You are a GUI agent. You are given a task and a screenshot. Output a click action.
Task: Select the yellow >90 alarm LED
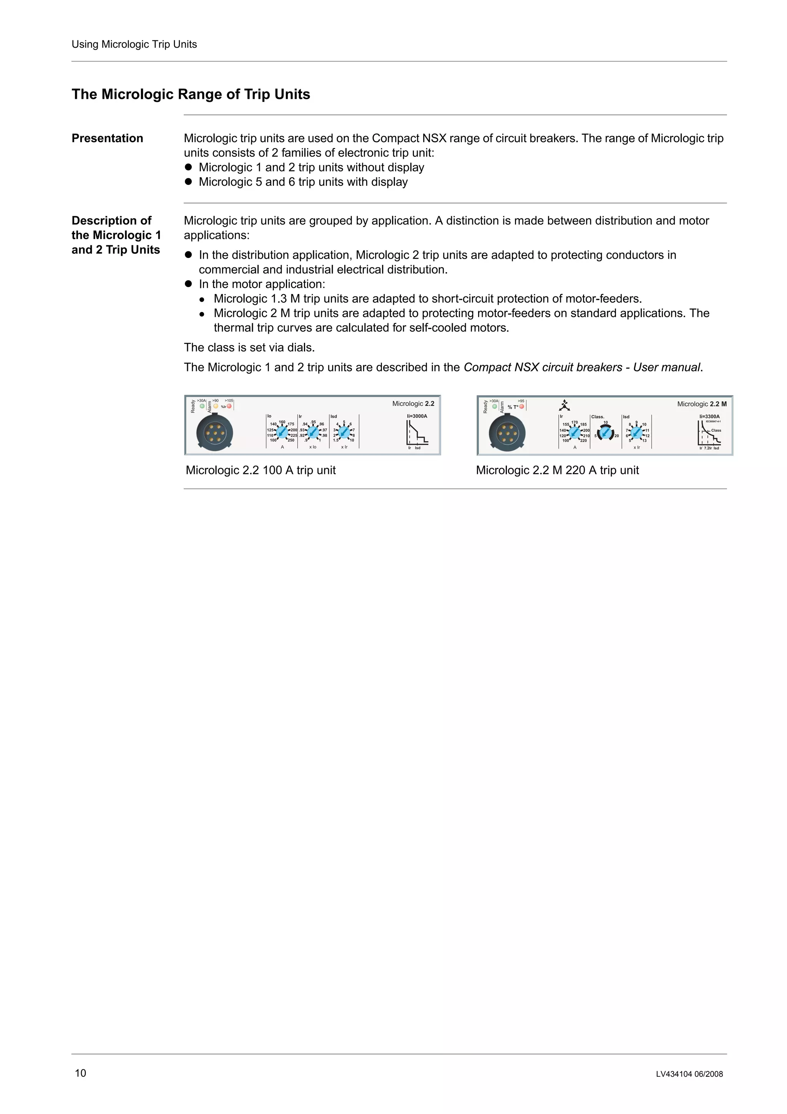click(x=216, y=406)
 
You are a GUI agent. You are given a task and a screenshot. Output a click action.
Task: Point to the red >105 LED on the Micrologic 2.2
click(x=229, y=406)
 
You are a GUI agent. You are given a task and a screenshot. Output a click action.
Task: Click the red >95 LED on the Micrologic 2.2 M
click(x=522, y=407)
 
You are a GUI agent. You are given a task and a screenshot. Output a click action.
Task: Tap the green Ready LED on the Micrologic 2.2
click(x=202, y=406)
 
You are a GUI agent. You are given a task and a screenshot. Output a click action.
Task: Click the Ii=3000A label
click(x=417, y=416)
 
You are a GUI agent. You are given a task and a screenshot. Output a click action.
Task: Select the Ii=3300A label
click(x=709, y=416)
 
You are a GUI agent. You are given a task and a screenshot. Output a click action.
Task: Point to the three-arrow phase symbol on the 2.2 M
click(x=564, y=405)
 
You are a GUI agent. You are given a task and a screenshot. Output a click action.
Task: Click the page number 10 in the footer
click(x=80, y=1073)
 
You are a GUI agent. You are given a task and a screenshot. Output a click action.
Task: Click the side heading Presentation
click(x=107, y=138)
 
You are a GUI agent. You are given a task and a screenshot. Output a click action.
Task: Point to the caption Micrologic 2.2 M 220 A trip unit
click(x=557, y=470)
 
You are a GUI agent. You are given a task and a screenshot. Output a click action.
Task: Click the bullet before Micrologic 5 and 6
click(x=189, y=182)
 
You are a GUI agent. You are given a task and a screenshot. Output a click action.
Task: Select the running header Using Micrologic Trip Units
click(x=134, y=44)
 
